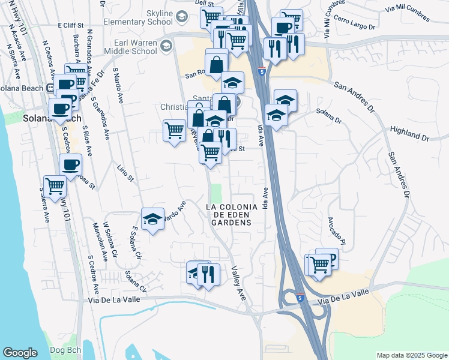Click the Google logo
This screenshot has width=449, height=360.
pos(20,353)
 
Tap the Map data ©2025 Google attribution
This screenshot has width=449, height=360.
pos(412,355)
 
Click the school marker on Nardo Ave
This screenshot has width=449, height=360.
pos(152,219)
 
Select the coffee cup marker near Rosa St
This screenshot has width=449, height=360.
pos(70,165)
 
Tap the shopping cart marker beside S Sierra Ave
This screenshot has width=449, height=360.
pos(55,186)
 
